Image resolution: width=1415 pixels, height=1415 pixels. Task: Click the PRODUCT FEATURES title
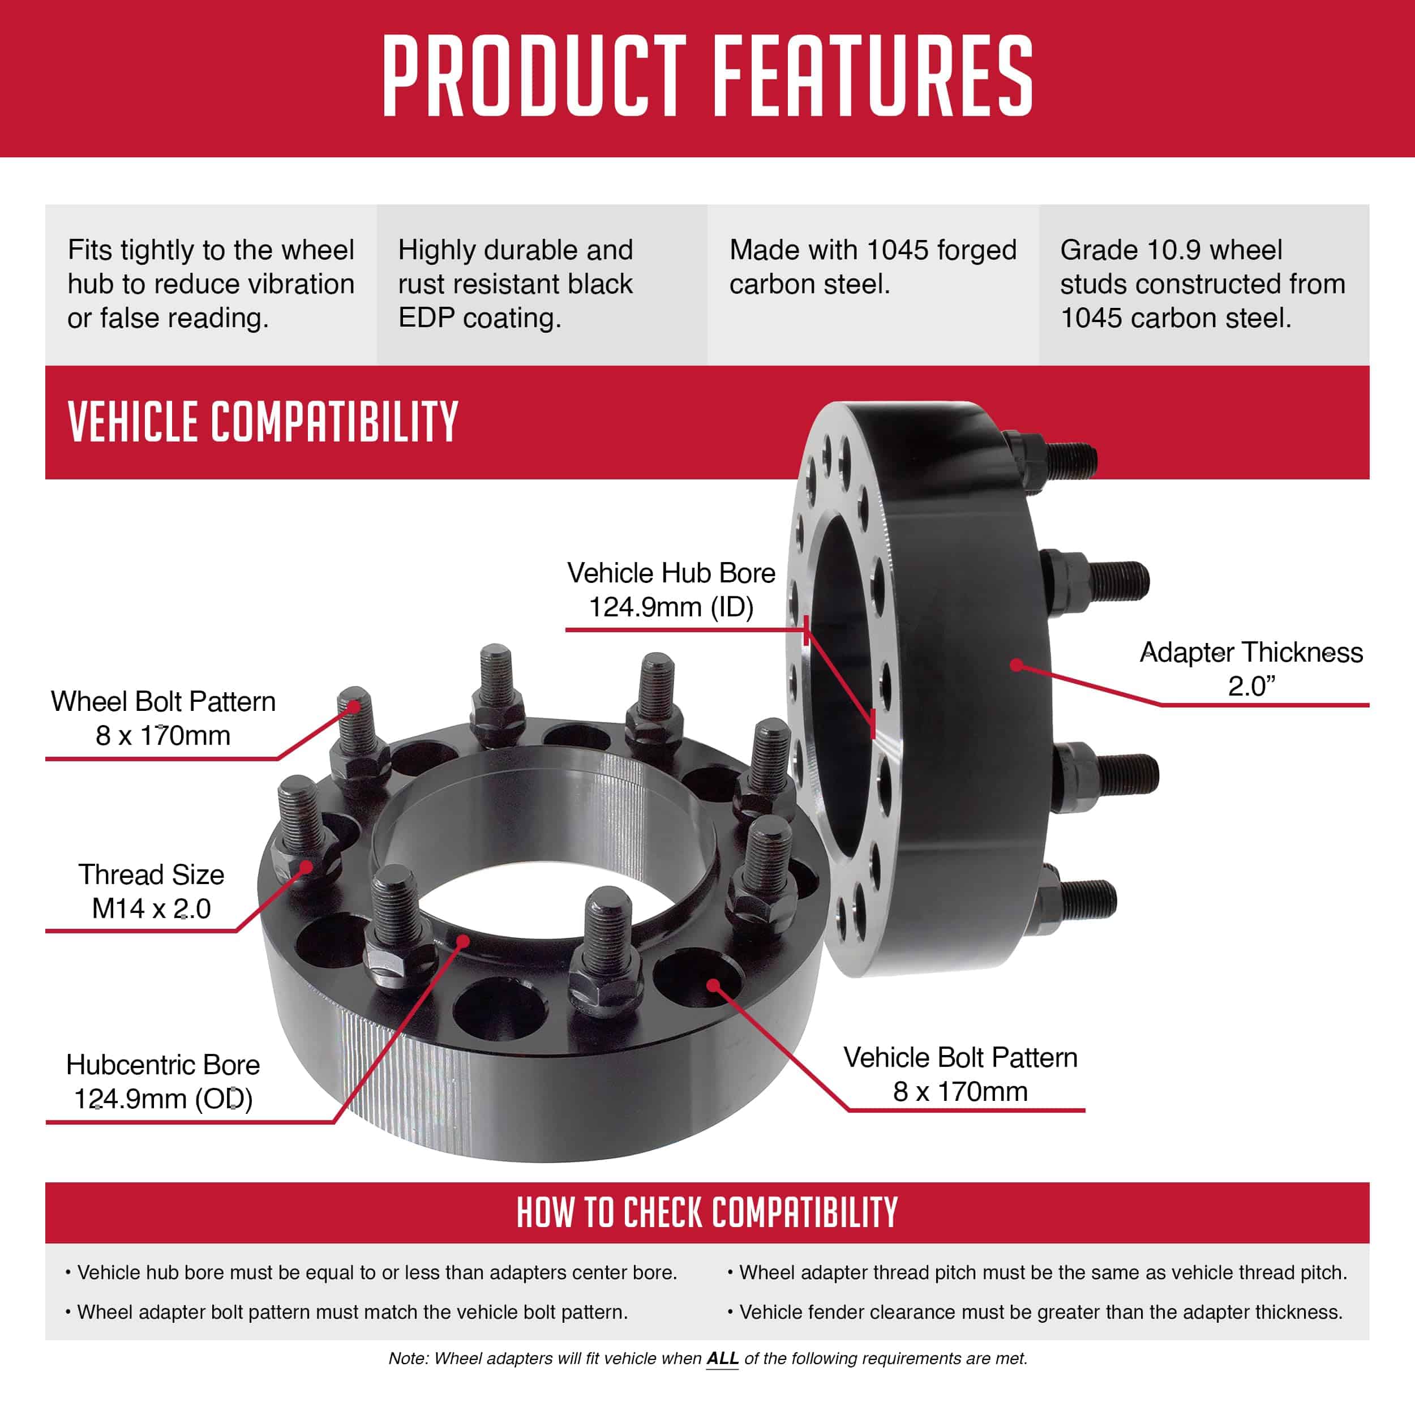(707, 75)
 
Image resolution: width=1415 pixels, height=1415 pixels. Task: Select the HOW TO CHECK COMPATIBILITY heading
(707, 1212)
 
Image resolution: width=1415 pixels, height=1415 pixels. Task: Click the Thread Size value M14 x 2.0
(151, 908)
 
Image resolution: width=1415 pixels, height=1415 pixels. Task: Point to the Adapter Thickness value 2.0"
(1251, 686)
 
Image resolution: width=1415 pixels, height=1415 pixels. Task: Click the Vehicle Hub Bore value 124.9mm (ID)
(671, 607)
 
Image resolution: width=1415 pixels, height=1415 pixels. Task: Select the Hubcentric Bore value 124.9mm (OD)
(162, 1099)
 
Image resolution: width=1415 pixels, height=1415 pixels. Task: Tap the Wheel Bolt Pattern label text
(162, 702)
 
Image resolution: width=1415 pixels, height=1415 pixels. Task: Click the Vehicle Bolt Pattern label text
(960, 1058)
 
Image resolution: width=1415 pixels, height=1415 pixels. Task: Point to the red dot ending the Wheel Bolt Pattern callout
(354, 706)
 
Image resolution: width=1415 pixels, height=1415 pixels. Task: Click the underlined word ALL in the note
(722, 1358)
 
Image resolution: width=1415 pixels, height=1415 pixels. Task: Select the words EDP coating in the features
(480, 318)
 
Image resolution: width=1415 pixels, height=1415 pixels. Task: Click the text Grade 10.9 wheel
(1171, 250)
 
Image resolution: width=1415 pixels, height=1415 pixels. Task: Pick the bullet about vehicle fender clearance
(1040, 1312)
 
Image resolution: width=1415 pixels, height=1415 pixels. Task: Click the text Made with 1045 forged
(873, 250)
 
